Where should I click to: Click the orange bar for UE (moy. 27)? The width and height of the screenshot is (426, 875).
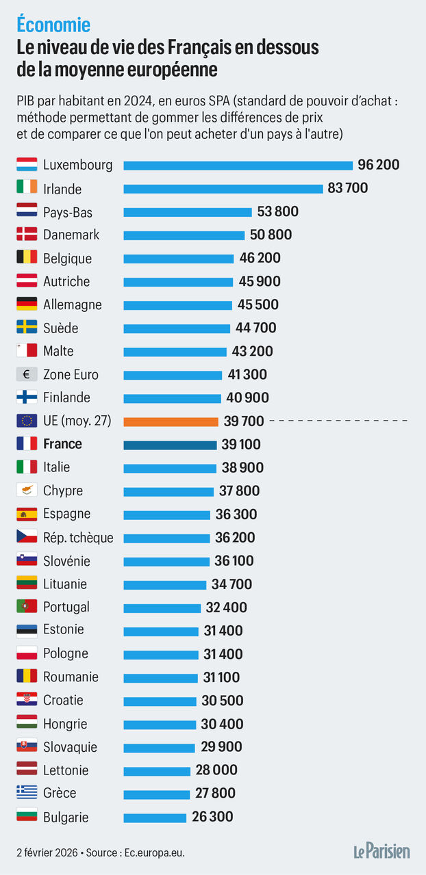click(x=171, y=421)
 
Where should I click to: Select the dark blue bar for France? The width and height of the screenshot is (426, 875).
click(x=170, y=445)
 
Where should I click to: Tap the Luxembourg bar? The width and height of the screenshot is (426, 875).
click(x=238, y=165)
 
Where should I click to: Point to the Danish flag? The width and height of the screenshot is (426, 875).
click(x=27, y=235)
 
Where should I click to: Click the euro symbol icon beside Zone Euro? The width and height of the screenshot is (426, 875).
click(x=27, y=374)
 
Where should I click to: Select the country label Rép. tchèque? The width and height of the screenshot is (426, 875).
click(x=78, y=538)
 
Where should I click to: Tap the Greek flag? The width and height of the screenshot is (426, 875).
click(x=27, y=793)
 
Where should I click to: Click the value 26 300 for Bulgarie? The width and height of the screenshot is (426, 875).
click(x=212, y=817)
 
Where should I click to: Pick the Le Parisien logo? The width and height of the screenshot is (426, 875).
click(x=381, y=851)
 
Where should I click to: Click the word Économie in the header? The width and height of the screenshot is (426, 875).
click(x=53, y=25)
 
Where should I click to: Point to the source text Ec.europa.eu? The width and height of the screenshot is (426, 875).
click(x=155, y=852)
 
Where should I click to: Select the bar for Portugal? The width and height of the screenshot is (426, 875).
click(x=162, y=608)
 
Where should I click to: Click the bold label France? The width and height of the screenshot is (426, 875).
click(x=62, y=444)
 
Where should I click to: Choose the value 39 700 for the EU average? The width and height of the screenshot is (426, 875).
click(x=243, y=421)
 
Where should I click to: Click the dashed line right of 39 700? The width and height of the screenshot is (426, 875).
click(x=339, y=421)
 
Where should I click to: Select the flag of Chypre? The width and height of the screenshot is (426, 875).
click(x=27, y=491)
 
